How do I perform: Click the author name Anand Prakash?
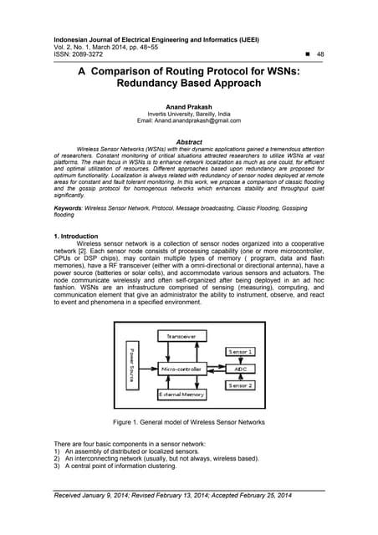point(189,105)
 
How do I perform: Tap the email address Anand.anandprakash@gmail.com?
point(189,120)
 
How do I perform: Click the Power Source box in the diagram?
point(131,364)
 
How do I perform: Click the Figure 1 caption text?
point(189,423)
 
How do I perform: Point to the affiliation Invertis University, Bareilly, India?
point(189,113)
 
